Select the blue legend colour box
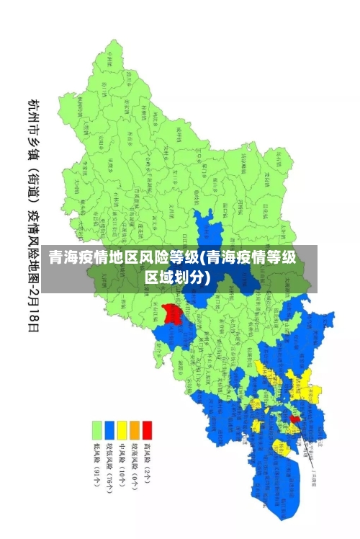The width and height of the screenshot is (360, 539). (x=109, y=429)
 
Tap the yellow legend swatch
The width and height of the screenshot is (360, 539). (x=122, y=429)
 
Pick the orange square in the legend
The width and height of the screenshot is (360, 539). (x=135, y=429)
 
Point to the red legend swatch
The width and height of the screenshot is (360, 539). (x=147, y=429)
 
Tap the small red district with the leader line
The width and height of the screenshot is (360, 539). (x=294, y=419)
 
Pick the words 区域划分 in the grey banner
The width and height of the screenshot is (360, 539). (x=177, y=277)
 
